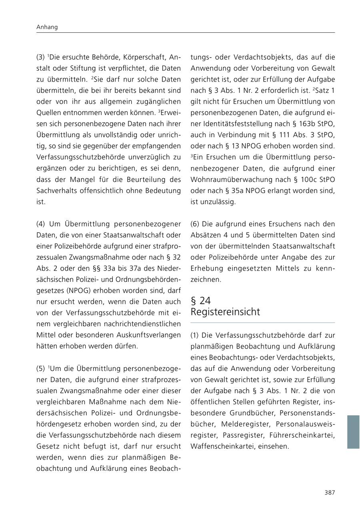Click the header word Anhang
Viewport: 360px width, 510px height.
coord(47,27)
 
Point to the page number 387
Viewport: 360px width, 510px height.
coord(330,492)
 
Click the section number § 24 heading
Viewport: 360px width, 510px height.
coord(200,301)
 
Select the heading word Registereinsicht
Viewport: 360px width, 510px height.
coord(225,312)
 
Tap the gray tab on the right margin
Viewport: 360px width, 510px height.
coord(353,432)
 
